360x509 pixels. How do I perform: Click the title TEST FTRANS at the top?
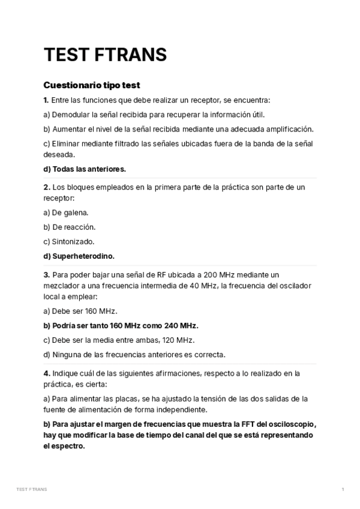pyautogui.click(x=105, y=55)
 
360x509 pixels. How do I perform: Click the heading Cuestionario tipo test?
pyautogui.click(x=92, y=85)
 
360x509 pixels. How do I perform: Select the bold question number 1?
pyautogui.click(x=46, y=100)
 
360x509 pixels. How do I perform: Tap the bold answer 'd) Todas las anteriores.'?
pyautogui.click(x=85, y=169)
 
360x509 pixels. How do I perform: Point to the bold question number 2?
pyautogui.click(x=46, y=187)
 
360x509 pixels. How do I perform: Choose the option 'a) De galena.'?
pyautogui.click(x=66, y=212)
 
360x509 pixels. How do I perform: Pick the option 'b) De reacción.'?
pyautogui.click(x=70, y=227)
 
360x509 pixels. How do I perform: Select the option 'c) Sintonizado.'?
pyautogui.click(x=69, y=241)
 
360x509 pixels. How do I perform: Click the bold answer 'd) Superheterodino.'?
pyautogui.click(x=79, y=256)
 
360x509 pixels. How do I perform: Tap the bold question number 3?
pyautogui.click(x=46, y=274)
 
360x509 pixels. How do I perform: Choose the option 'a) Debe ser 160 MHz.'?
pyautogui.click(x=80, y=311)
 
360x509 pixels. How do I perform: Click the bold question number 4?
pyautogui.click(x=46, y=373)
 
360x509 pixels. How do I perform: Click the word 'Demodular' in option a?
pyautogui.click(x=70, y=114)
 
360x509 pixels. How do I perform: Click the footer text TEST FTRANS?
pyautogui.click(x=32, y=489)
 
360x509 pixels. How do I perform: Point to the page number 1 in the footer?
pyautogui.click(x=343, y=489)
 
